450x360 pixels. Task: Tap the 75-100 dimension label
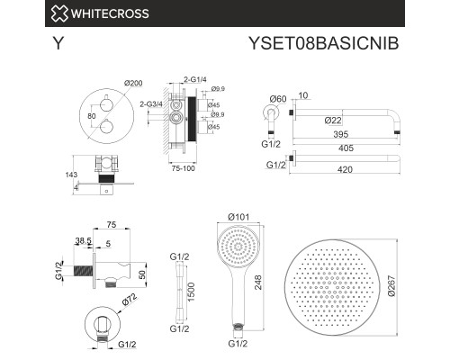(183, 167)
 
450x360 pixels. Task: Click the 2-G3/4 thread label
(154, 105)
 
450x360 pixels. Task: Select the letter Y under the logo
(58, 42)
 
